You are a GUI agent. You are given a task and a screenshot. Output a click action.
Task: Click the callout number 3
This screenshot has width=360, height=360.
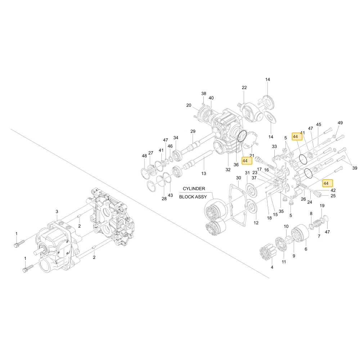point(57,211)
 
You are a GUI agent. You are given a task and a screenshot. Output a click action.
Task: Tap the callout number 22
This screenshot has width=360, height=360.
point(244,87)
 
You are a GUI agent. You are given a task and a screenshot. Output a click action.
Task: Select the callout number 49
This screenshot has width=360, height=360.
point(340,123)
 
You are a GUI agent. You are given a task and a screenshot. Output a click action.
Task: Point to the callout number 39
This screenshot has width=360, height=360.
point(355,168)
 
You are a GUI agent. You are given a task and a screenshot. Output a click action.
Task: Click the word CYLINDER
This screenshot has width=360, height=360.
point(194,189)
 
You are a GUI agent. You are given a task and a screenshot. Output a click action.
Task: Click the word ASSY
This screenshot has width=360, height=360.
point(201,197)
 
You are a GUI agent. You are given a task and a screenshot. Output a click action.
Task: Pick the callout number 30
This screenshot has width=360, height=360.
point(239,178)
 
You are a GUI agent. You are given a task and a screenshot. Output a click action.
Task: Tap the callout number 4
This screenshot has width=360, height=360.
point(272,267)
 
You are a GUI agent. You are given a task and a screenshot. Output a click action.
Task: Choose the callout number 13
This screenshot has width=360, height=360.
point(204,174)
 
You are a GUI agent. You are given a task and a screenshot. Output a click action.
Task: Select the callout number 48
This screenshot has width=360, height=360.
point(144,156)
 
